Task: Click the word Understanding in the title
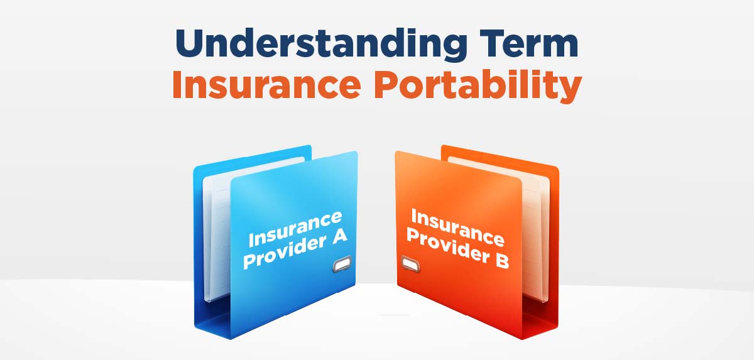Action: point(321,44)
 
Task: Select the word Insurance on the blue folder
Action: point(295,229)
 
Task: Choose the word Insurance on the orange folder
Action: point(458,227)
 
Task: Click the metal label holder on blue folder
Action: point(342,264)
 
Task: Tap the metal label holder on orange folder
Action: point(410,264)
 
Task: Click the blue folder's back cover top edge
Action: point(253,155)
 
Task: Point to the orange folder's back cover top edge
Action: point(500,155)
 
